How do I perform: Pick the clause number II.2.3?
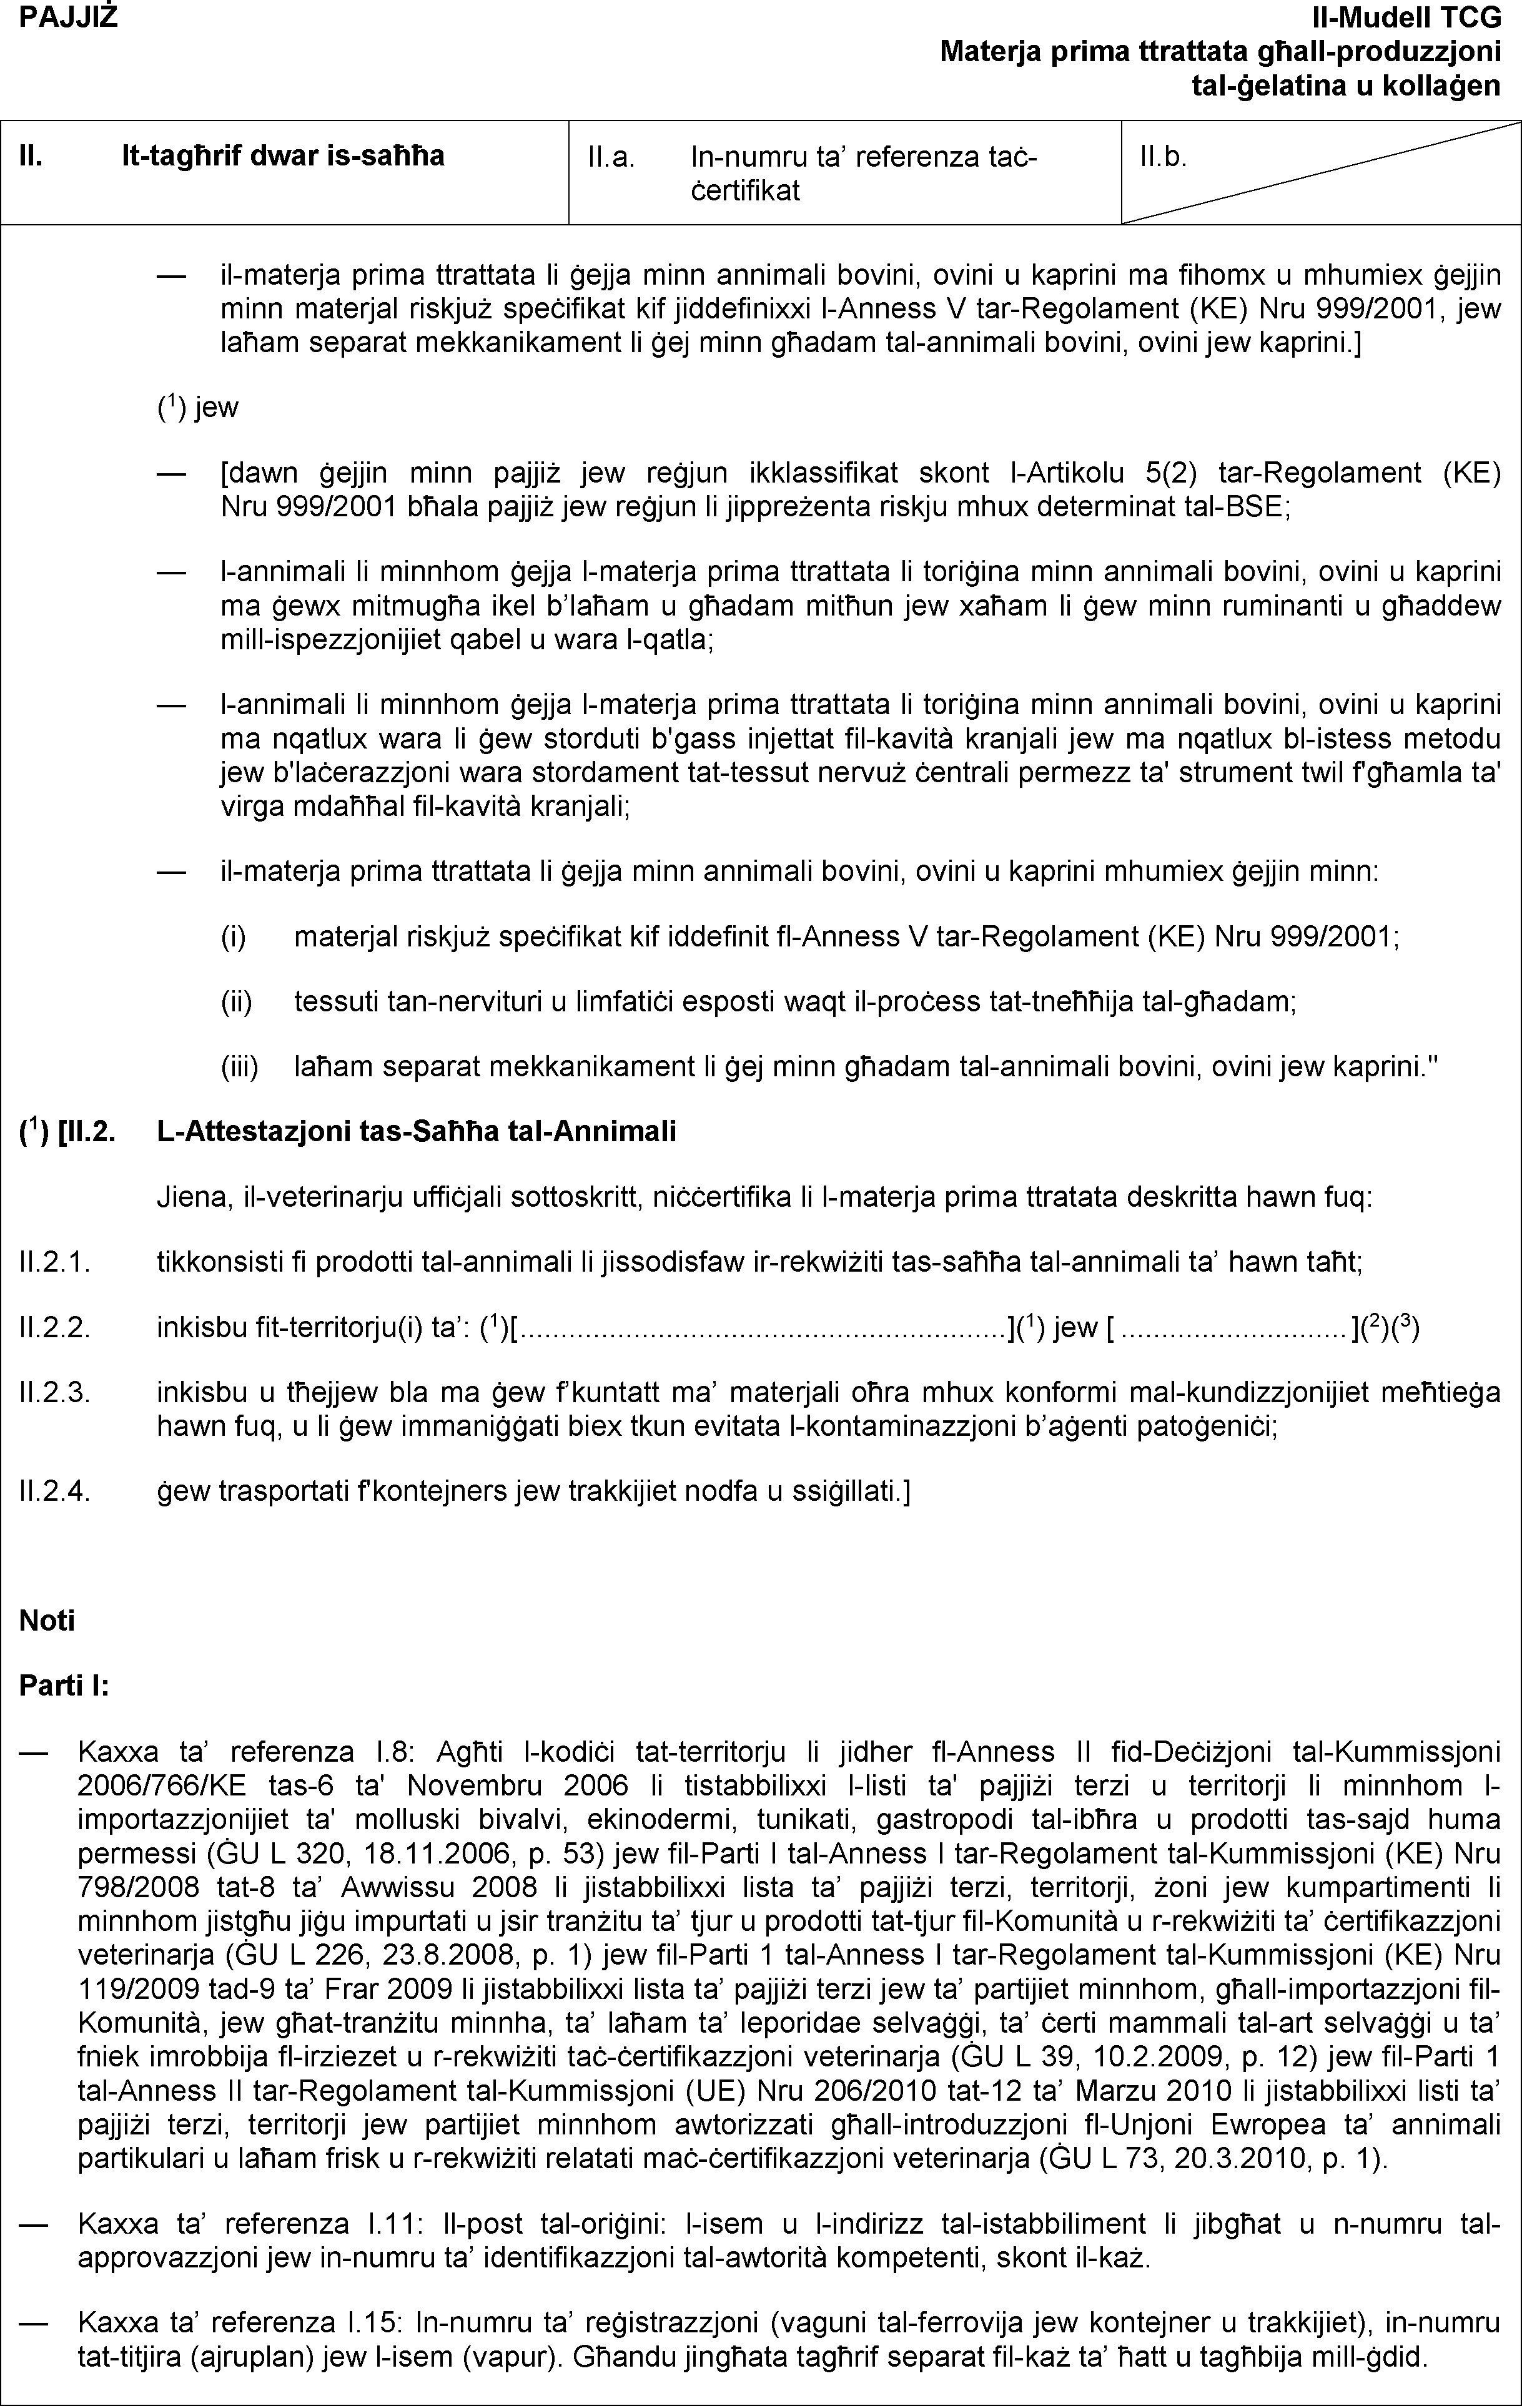tap(55, 1394)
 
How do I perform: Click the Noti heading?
tap(47, 1619)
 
